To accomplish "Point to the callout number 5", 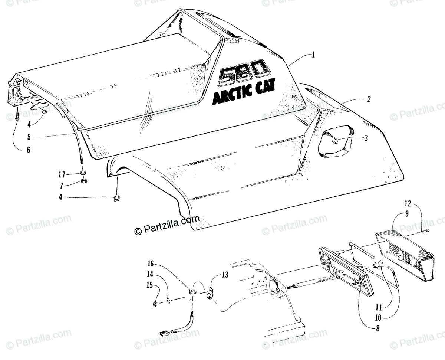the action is [x=29, y=137].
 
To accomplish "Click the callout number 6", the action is [x=29, y=150].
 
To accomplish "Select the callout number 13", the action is [x=225, y=275].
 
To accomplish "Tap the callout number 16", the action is [x=151, y=264].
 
